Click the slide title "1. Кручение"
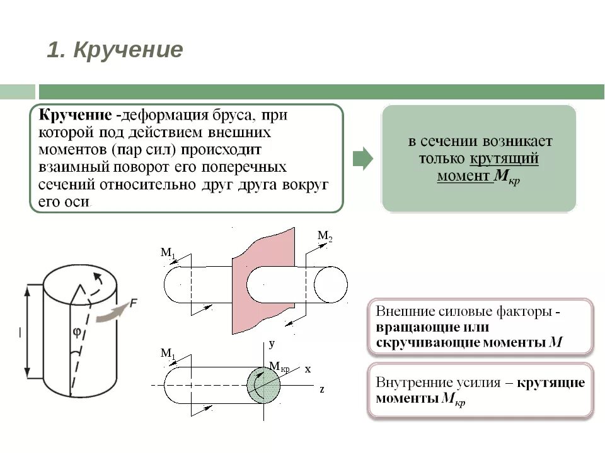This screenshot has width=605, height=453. pyautogui.click(x=115, y=50)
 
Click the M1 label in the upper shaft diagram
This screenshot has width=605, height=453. pyautogui.click(x=167, y=253)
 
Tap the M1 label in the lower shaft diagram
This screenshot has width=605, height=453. pyautogui.click(x=168, y=354)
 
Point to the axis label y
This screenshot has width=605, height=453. pyautogui.click(x=272, y=344)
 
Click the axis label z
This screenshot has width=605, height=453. pyautogui.click(x=321, y=389)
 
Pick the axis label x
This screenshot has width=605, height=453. pyautogui.click(x=308, y=369)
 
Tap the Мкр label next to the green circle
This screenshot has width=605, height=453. pyautogui.click(x=279, y=367)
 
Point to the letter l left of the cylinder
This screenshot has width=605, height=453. pyautogui.click(x=20, y=333)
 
